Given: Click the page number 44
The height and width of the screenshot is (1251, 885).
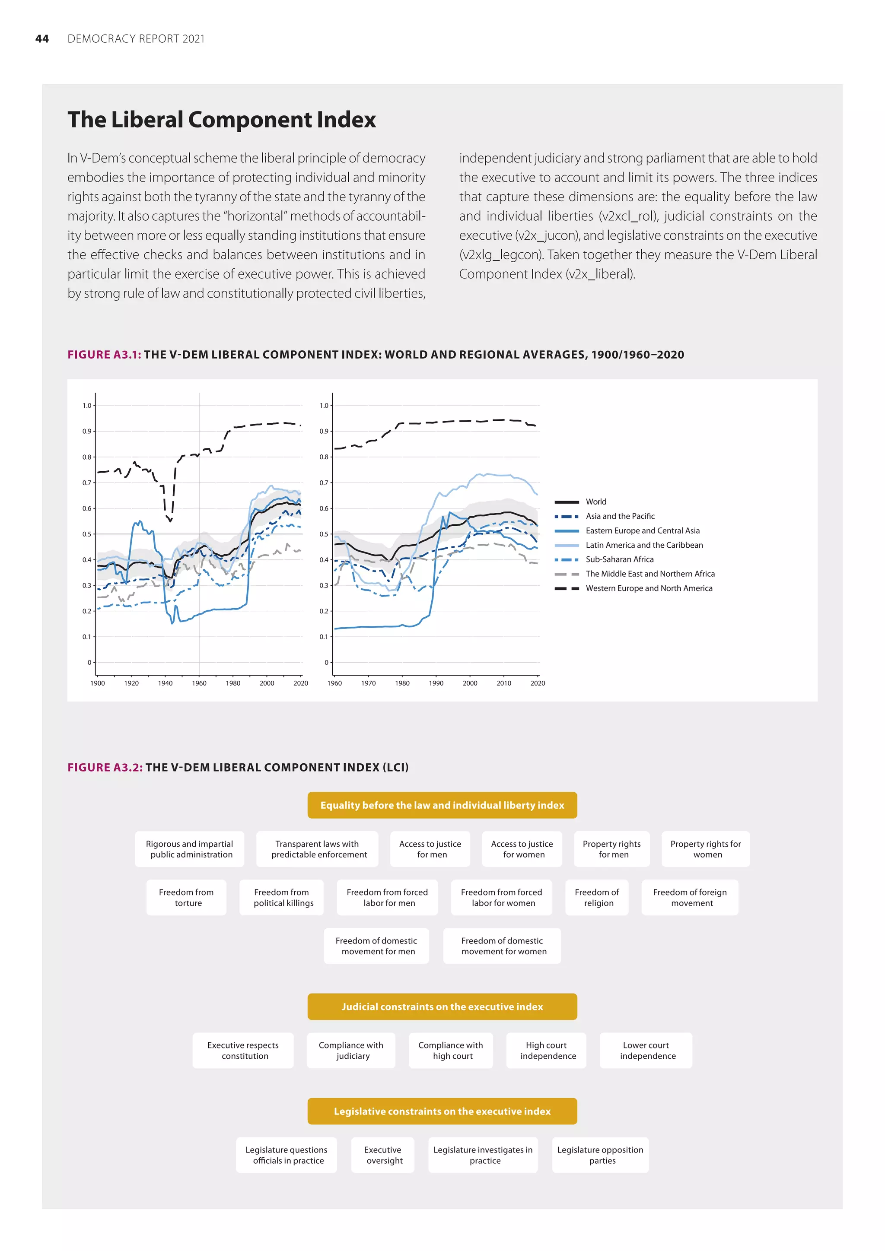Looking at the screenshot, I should click(x=42, y=39).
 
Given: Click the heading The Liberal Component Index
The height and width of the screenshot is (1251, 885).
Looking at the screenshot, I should click(x=221, y=120).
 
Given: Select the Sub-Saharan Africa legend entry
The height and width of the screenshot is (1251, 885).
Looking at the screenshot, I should click(x=619, y=559).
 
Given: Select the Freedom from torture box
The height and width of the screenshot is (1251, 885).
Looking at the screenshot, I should click(x=186, y=897).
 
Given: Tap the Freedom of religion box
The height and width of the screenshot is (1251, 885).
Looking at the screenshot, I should click(x=597, y=897).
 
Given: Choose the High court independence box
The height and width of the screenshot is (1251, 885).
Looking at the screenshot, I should click(x=547, y=1050).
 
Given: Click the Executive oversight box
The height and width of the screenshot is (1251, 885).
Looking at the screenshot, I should click(x=383, y=1155).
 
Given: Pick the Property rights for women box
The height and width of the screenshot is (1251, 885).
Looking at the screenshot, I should click(x=706, y=849).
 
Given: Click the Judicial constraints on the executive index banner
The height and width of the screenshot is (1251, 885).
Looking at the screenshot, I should click(x=442, y=1007).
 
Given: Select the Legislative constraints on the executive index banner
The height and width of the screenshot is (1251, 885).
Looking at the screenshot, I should click(x=442, y=1111).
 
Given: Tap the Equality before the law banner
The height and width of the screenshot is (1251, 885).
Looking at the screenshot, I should click(x=442, y=805).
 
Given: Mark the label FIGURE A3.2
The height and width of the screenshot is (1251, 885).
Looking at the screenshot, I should click(x=105, y=767).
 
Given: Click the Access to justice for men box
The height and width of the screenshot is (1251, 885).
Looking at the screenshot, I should click(x=430, y=849).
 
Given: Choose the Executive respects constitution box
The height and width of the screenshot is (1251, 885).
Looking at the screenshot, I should click(x=243, y=1050).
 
